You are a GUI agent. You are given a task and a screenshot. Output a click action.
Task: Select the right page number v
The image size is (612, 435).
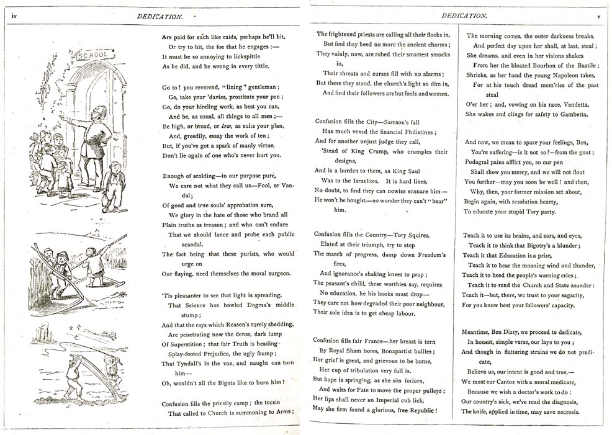click(x=598, y=16)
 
